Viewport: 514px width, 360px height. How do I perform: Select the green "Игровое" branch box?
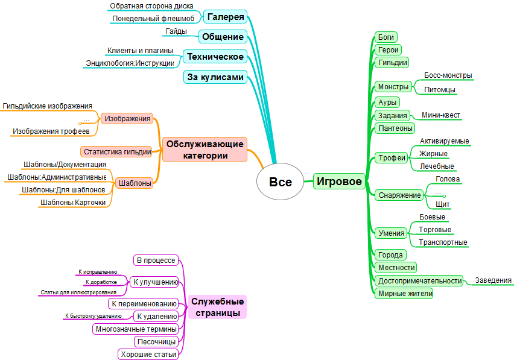(340, 181)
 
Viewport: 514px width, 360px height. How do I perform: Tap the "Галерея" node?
(224, 16)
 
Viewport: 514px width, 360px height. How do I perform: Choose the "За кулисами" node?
(215, 77)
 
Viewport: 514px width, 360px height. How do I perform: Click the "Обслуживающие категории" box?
(205, 150)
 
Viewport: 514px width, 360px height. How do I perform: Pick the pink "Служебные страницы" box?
(217, 307)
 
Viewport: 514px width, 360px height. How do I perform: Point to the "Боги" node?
(385, 37)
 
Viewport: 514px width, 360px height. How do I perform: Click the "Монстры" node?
(393, 87)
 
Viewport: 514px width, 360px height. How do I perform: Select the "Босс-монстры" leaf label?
(448, 75)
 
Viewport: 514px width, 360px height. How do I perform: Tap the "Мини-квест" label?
(441, 115)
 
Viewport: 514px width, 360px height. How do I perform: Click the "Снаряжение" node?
(399, 195)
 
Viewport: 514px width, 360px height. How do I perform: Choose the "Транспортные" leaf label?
(443, 242)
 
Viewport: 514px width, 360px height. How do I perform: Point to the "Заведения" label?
(493, 280)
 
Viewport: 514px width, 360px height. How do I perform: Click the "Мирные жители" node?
(404, 294)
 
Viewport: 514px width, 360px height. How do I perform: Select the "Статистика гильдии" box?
(117, 151)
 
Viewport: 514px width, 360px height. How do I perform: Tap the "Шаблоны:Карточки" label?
(72, 203)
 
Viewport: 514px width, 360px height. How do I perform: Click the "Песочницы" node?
(156, 341)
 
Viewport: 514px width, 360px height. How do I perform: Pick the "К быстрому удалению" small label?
(93, 316)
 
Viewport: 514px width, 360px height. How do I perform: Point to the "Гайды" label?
(176, 31)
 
